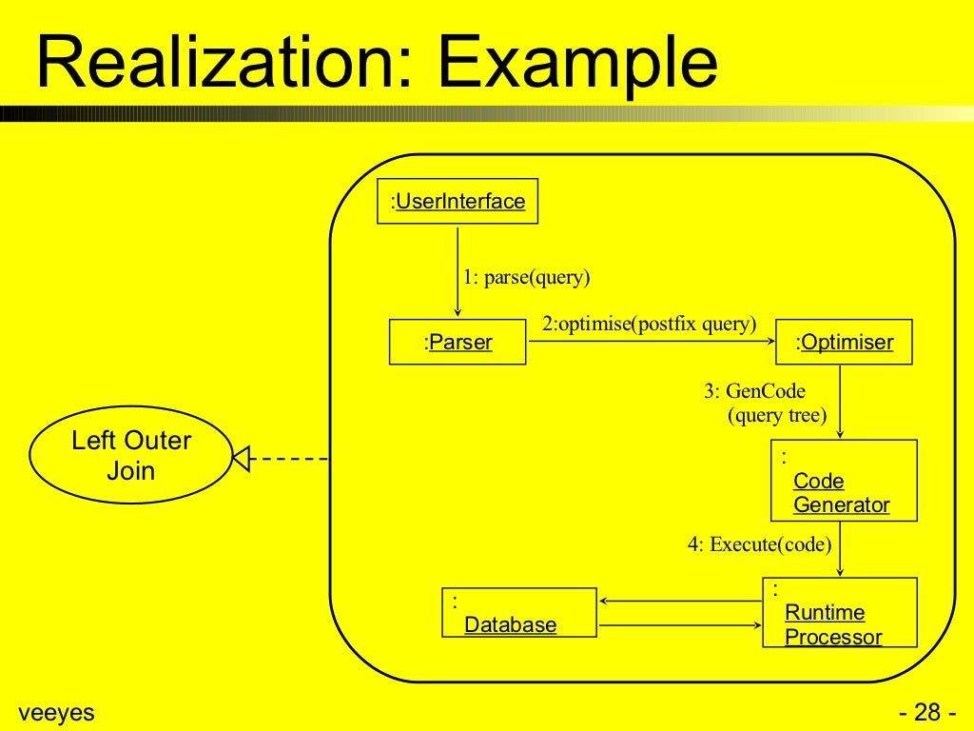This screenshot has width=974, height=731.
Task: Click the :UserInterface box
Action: pos(458,201)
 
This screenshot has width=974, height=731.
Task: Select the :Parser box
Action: pos(458,342)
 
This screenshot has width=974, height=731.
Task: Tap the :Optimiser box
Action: pos(844,342)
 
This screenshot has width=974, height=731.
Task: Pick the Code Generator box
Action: pos(844,480)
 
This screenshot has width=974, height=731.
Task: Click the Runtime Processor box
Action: pos(839,612)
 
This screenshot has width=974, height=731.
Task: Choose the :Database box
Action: pos(519,612)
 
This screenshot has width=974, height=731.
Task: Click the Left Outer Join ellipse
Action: pos(130,456)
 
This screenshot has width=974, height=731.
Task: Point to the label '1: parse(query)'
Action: pos(527,278)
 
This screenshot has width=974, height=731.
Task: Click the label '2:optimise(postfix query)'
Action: pos(649,324)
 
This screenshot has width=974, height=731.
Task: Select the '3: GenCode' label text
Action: pos(754,391)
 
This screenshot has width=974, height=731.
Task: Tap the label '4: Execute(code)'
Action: pos(759,545)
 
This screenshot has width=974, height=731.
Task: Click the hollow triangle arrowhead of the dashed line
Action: pos(241,460)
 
